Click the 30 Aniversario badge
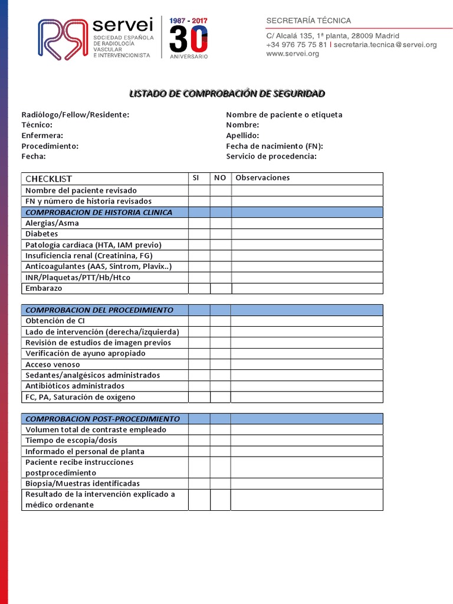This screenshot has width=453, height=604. pos(188,38)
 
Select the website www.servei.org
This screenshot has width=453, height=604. pos(293,54)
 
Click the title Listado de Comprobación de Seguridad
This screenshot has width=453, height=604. pos(226,94)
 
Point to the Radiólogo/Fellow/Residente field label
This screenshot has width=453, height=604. pos(75,114)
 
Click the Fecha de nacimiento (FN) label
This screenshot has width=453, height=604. pos(274,146)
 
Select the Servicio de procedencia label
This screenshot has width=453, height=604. pos(271,156)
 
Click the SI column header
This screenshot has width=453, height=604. pos(196,178)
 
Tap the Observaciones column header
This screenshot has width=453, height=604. pos(262,178)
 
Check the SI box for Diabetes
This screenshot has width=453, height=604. pos(199,234)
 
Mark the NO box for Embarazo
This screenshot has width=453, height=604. pos(221,288)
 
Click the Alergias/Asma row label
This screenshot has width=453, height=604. pos(52,224)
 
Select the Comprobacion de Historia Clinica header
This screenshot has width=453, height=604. pos(99,212)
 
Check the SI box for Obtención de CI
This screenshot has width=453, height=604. pos(199,321)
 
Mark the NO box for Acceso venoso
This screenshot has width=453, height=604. pos(221,365)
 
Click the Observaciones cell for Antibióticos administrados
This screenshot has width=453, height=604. pos(307,386)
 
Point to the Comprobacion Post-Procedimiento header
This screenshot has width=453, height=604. pos(102,419)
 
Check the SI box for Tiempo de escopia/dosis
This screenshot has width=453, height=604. pos(199,441)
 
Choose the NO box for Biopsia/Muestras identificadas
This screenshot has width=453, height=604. pos(221,484)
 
